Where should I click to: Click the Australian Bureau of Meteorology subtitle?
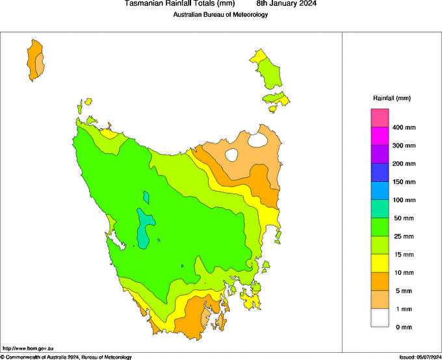[220, 14]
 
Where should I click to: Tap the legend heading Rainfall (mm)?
[391, 98]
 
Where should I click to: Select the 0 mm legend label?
[403, 328]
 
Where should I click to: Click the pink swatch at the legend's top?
[380, 118]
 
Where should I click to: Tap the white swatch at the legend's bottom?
[380, 318]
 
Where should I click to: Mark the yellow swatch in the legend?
[380, 264]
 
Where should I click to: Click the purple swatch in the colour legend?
[380, 155]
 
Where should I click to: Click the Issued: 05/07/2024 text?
[419, 357]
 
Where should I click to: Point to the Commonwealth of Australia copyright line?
[66, 357]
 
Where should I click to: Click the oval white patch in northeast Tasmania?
[231, 155]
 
